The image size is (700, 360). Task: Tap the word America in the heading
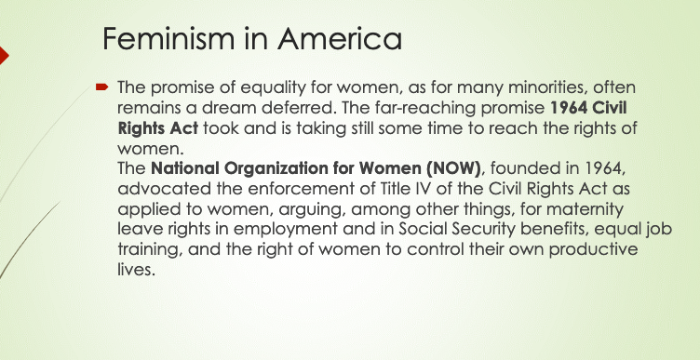coord(339,38)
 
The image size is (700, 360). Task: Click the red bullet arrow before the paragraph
coord(101,87)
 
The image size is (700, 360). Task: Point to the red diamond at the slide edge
coord(4,55)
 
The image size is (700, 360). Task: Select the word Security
coord(484,230)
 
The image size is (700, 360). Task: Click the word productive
coord(593,250)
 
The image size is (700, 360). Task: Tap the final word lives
coord(136,270)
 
